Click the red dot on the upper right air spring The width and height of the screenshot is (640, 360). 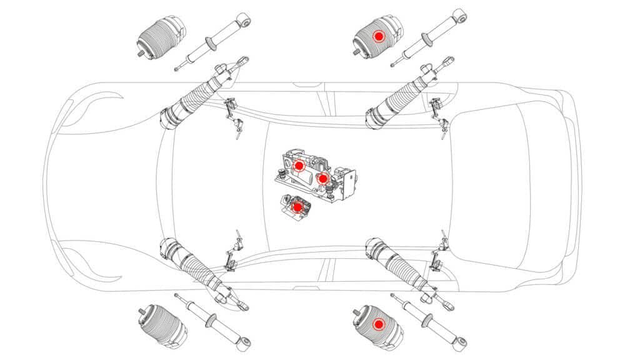pos(378,37)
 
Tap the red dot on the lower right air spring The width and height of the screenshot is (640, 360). pos(378,324)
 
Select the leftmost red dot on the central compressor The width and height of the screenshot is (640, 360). pos(299,166)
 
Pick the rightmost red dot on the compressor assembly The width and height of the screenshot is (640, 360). pos(322,178)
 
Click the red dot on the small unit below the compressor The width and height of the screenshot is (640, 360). pos(297,206)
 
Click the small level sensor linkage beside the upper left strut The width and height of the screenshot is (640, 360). pos(233,116)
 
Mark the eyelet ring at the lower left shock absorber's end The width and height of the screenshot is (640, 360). pos(246,342)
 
